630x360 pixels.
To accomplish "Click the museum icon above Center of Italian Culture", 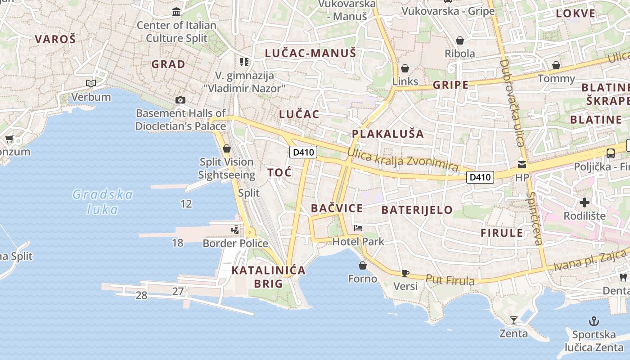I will point(176,11).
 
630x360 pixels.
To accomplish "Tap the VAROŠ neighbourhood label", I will point(55,39).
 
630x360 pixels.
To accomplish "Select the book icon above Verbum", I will point(91,83).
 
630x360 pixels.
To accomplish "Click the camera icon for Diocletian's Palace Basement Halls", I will point(180,100).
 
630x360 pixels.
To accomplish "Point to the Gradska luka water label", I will point(103,202).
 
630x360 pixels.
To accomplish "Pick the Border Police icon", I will point(235,230).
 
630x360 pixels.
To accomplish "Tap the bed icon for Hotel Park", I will point(358,228).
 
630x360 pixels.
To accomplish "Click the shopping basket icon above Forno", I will point(362,265).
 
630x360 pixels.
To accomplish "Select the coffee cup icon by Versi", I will point(405,273).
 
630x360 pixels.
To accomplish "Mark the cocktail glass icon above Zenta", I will point(513,320).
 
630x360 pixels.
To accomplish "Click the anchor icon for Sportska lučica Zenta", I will point(594,321).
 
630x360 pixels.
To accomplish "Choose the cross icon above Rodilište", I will point(584,202).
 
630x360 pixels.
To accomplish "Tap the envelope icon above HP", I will point(522,164).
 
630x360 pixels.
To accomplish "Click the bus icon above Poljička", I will point(610,153).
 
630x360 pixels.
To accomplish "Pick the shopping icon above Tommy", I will point(556,65).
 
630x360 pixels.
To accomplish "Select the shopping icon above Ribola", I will point(459,40).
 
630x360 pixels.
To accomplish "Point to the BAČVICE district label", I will point(337,208).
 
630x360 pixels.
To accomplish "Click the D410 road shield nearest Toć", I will point(303,152).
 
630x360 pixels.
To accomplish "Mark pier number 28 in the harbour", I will point(141,296).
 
